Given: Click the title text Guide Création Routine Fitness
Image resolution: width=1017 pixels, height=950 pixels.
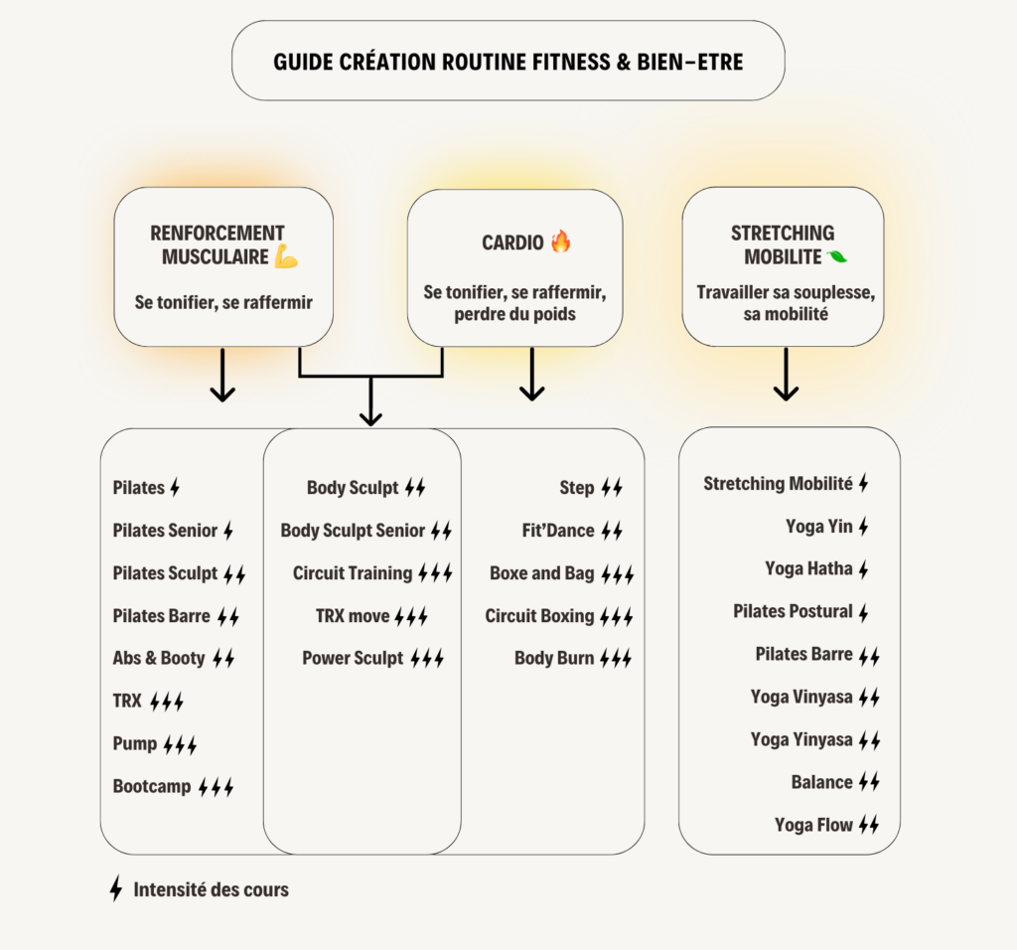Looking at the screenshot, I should tap(508, 62).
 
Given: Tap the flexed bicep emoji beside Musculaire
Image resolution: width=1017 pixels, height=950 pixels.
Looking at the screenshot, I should tap(287, 257).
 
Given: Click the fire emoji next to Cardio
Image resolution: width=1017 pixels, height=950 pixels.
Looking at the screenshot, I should tap(561, 241).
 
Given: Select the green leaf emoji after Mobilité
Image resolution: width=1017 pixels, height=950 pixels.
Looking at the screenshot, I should tap(837, 257).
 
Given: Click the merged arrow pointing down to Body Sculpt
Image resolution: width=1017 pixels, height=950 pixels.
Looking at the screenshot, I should tap(370, 402).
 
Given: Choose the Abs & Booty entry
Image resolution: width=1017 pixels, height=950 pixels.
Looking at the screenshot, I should tap(159, 658).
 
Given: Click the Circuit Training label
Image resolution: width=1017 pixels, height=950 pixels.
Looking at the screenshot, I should tap(353, 573).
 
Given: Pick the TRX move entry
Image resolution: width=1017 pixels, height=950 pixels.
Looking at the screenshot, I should tap(353, 616).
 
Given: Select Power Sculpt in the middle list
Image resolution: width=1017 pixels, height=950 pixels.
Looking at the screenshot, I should tap(354, 658).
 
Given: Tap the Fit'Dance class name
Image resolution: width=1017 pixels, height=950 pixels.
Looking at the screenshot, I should tap(558, 531).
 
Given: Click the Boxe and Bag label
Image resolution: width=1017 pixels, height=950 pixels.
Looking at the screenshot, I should tap(542, 573).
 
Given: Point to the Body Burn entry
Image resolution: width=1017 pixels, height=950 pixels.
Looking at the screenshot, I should tap(554, 658).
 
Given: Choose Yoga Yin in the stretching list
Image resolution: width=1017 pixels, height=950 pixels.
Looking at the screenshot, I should tap(819, 526).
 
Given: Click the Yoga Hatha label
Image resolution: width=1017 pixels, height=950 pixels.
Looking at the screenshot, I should tap(809, 568).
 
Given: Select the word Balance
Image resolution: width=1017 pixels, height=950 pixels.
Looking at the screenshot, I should tap(822, 782).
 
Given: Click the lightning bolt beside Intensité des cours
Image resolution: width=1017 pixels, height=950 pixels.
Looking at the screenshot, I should tap(116, 888).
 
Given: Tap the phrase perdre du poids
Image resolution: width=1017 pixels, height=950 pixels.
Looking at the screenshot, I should tap(515, 314).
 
